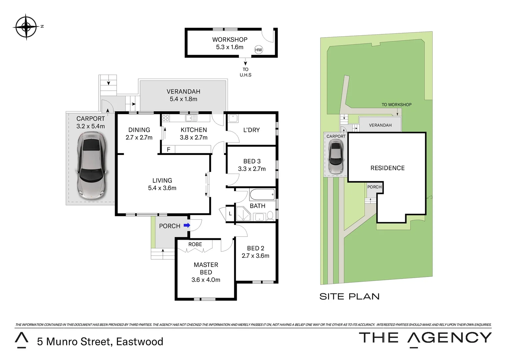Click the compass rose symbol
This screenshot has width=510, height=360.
click(26, 27)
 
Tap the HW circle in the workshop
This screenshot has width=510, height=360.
click(259, 50)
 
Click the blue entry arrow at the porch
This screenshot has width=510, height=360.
click(187, 225)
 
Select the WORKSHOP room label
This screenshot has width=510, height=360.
click(230, 40)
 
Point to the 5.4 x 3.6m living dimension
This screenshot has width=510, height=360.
click(162, 188)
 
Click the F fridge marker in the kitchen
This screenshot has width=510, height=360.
click(168, 149)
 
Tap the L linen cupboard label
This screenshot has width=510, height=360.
click(230, 214)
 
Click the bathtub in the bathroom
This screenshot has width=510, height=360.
click(262, 195)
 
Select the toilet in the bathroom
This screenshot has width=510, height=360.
click(270, 216)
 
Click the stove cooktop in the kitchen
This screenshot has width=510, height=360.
click(166, 118)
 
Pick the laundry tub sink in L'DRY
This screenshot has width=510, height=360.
click(233, 118)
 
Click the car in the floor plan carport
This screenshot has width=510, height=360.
click(91, 166)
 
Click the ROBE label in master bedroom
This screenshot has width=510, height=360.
click(195, 244)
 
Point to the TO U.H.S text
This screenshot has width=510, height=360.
click(245, 72)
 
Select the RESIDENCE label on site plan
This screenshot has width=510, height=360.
click(388, 168)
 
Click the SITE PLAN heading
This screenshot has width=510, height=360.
click(350, 297)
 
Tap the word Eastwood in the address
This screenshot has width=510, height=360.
click(139, 342)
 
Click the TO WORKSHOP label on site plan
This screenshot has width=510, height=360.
click(397, 105)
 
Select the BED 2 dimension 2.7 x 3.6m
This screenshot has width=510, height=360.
click(256, 256)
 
